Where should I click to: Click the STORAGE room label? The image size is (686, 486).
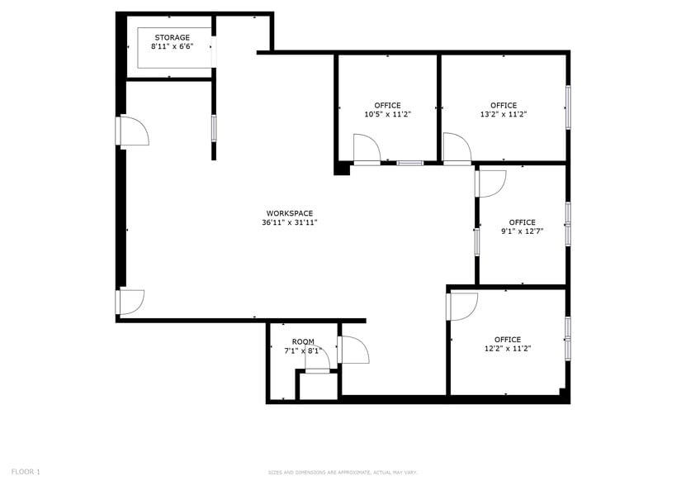point(171,37)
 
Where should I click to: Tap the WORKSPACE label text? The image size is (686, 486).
point(289,213)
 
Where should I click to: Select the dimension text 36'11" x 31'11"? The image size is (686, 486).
point(289,222)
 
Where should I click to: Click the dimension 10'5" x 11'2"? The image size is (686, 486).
point(387,114)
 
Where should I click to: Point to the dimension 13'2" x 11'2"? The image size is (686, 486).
point(504,114)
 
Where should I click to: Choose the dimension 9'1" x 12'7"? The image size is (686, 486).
point(522,231)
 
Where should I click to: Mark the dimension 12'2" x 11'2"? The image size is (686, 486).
point(508,349)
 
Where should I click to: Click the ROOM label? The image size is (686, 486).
point(303,342)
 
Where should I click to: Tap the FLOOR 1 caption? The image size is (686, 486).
point(26,471)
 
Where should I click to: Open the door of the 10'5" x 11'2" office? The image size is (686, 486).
point(367,150)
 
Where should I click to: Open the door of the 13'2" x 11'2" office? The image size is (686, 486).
point(457,150)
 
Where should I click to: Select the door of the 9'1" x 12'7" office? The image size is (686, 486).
point(490,183)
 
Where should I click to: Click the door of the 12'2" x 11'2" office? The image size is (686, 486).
point(461,306)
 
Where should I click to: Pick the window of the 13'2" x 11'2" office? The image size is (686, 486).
point(567,107)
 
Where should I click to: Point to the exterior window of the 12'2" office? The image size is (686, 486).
point(567,338)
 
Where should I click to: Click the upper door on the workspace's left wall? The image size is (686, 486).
point(132,131)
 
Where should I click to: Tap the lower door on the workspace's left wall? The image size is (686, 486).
point(130,301)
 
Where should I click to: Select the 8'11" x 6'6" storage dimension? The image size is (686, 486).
point(171,47)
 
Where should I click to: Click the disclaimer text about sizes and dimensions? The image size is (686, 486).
point(342,473)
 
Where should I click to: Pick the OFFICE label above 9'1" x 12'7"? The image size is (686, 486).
point(522,222)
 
